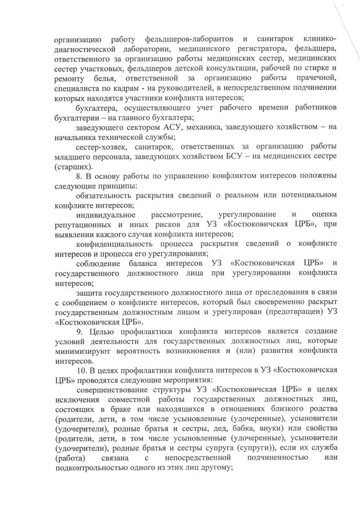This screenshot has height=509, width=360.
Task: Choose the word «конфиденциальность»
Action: (x=115, y=244)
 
